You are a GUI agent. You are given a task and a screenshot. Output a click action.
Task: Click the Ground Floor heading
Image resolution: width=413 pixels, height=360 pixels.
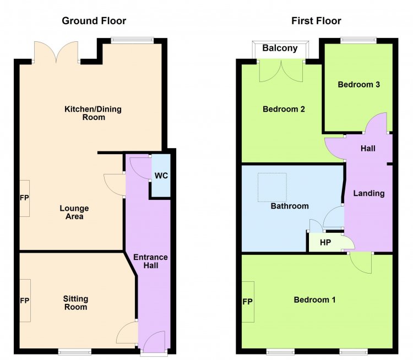coord(94,21)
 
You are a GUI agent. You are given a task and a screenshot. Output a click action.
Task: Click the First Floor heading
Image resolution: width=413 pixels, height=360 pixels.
coord(316,21)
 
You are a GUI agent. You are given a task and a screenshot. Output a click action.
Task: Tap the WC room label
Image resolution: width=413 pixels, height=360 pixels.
coord(161,176)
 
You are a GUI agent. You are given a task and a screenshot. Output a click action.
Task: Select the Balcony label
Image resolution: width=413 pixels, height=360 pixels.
coord(280,48)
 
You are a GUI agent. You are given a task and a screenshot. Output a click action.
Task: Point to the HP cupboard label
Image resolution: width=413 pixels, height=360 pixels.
coord(325,242)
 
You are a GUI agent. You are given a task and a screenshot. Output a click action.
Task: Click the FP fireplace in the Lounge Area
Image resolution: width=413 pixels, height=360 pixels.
coord(24,198)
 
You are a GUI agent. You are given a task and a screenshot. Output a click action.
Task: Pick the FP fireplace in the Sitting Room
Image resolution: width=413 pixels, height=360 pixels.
coord(25,301)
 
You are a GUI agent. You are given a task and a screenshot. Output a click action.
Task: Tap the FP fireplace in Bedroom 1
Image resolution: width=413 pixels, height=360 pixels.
coord(248,302)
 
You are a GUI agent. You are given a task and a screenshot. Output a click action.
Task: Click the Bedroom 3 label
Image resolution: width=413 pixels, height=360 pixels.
coord(358,85)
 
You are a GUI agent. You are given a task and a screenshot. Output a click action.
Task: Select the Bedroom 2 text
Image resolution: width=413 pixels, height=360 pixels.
coord(284,109)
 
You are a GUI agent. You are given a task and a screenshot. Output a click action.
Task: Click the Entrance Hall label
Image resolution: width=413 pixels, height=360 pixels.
coord(151,261)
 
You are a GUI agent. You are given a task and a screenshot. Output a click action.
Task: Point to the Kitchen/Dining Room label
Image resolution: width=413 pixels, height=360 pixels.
coord(93,113)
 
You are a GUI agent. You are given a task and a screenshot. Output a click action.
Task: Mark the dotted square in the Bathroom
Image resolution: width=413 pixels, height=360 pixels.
coord(272,188)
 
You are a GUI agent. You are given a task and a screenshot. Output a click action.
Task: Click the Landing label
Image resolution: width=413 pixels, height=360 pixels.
coord(369,193)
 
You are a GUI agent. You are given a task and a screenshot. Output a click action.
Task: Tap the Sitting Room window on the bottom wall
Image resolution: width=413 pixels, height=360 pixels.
coord(75,351)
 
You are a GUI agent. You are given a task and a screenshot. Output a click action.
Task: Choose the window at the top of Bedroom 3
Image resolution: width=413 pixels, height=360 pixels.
coord(358,41)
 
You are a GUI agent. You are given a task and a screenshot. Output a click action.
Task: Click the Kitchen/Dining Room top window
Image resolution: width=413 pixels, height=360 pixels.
coord(132,41)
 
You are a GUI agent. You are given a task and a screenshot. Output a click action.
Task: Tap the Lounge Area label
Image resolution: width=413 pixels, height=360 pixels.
coord(74,212)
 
